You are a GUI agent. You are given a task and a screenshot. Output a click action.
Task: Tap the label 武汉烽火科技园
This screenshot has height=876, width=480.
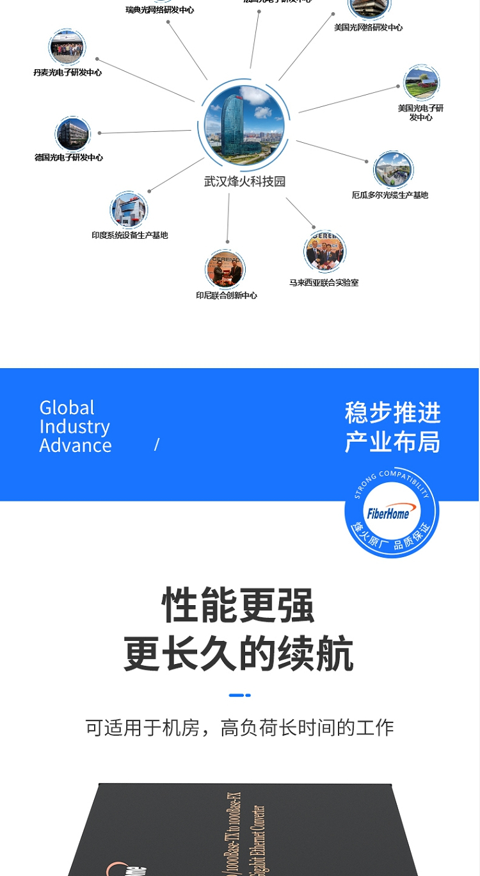(x=244, y=182)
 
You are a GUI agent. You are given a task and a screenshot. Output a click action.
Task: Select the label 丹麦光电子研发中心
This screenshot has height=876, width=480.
(x=67, y=72)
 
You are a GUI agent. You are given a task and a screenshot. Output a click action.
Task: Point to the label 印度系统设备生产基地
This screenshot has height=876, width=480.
(x=129, y=235)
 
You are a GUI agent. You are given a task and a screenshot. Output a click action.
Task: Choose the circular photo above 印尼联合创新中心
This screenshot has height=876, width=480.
(x=225, y=269)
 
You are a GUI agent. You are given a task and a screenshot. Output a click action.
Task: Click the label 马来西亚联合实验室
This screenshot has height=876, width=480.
(x=324, y=282)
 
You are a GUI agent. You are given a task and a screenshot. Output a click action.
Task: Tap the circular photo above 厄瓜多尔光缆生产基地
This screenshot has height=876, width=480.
(x=392, y=170)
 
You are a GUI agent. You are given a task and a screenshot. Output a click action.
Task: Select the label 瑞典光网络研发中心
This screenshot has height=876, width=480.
(x=159, y=10)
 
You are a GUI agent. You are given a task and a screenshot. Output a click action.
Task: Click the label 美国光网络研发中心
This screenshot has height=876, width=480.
(x=369, y=28)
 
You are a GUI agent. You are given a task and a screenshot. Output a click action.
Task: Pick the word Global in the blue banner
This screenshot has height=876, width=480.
(x=67, y=408)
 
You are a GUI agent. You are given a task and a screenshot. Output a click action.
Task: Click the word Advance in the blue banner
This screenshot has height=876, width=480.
(x=76, y=445)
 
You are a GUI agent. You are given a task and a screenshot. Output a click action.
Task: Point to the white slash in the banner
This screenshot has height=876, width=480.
(x=157, y=444)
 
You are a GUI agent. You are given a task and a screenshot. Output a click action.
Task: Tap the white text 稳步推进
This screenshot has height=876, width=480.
(x=392, y=412)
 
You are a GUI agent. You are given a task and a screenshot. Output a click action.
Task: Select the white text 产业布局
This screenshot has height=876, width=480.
(x=392, y=442)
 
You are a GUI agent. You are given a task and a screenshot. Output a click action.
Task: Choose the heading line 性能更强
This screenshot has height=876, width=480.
(x=239, y=605)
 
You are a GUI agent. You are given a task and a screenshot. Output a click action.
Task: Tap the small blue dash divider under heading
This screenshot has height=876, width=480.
(x=239, y=695)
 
